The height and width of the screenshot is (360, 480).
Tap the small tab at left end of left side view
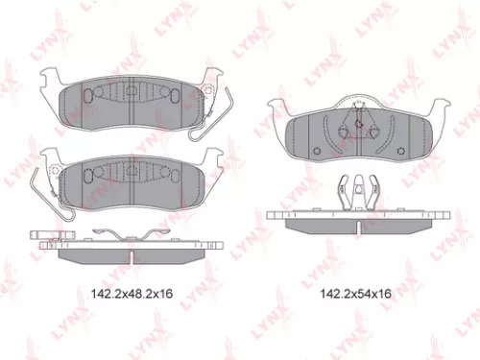pos(43,235)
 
